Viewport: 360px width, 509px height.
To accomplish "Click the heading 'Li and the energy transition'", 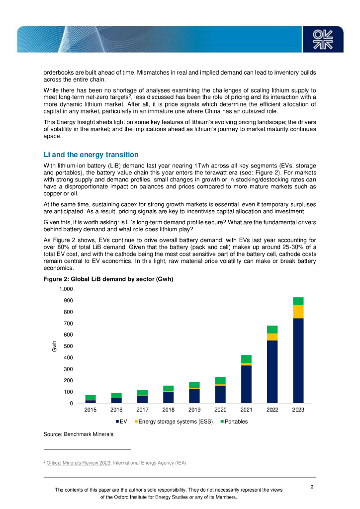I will [91, 155].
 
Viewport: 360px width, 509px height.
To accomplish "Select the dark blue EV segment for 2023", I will [298, 360].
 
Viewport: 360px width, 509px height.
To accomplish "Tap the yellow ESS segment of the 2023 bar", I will [298, 312].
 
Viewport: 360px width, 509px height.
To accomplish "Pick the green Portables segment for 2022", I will [272, 330].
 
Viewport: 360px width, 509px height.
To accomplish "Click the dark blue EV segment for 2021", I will [246, 384].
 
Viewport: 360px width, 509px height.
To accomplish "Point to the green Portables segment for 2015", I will [90, 398].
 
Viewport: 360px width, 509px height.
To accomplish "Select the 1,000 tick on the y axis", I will [66, 289].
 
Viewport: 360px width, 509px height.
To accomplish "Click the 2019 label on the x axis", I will [194, 410].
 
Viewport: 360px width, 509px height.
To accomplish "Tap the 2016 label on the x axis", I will [116, 410].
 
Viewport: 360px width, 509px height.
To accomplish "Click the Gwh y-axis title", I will [55, 346].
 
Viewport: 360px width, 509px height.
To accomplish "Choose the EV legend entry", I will [122, 422].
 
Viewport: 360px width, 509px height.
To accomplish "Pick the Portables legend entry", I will [233, 422].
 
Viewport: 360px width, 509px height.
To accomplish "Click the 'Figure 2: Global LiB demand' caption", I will [108, 279].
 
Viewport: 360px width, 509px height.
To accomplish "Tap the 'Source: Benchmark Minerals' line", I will [79, 434].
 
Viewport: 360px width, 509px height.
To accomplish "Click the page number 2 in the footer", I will [312, 487].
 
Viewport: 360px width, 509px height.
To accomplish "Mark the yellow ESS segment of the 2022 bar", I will [272, 337].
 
